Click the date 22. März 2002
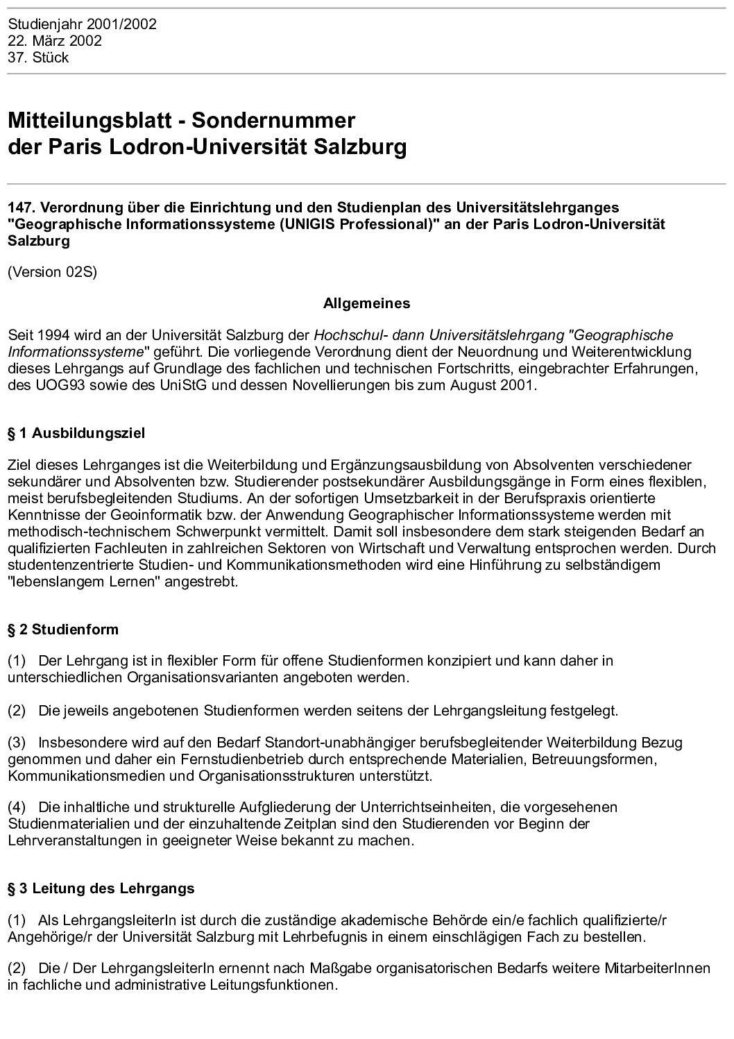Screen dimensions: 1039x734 tap(55, 41)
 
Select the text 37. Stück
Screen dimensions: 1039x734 tap(38, 58)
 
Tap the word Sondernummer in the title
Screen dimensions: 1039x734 tap(273, 120)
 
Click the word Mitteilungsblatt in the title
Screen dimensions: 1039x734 tap(89, 120)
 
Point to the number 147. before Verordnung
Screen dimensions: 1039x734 tap(21, 208)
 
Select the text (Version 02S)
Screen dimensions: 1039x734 tap(52, 271)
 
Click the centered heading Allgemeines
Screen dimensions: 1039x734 tap(366, 303)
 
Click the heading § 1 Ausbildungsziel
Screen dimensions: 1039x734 tap(76, 434)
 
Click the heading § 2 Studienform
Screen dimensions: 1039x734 tap(63, 630)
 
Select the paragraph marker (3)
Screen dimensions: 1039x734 tap(17, 743)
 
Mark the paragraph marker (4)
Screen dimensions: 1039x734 tap(17, 807)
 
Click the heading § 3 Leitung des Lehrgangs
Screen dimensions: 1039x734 tap(101, 888)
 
